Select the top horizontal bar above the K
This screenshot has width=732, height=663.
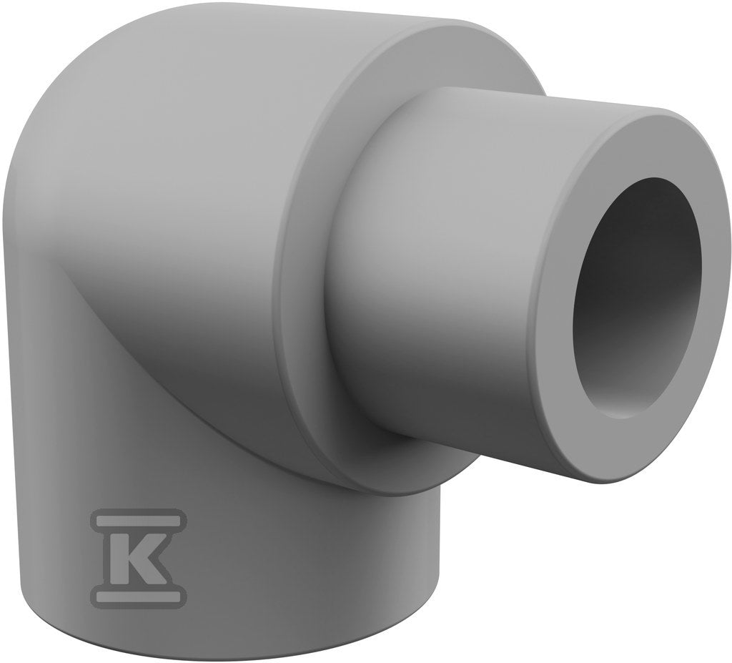coord(138,520)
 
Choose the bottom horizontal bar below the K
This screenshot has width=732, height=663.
coord(138,596)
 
